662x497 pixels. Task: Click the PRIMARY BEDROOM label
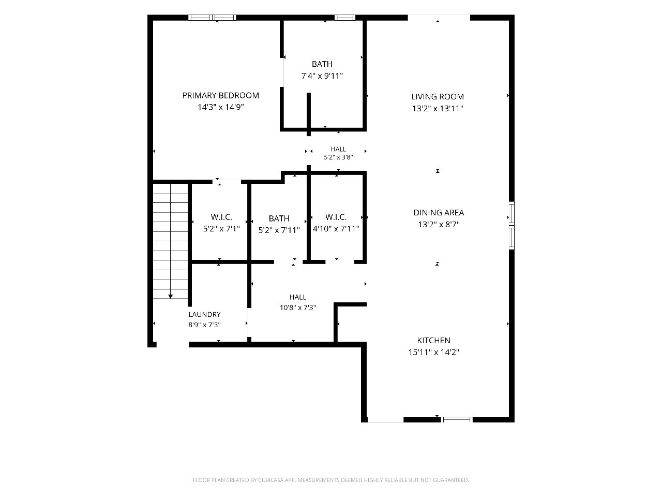click(220, 96)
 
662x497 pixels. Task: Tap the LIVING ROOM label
click(438, 97)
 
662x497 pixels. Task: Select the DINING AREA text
click(439, 213)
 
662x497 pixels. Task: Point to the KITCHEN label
click(433, 340)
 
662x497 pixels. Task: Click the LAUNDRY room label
click(204, 314)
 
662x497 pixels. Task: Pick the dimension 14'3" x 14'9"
click(220, 108)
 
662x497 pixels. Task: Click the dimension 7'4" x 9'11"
click(322, 76)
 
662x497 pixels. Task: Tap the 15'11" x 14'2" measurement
click(433, 353)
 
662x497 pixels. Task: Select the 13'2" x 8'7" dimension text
click(439, 225)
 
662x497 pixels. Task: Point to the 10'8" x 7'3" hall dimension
click(298, 308)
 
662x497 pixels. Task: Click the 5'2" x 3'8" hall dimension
click(338, 157)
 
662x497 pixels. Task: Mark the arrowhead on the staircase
click(170, 296)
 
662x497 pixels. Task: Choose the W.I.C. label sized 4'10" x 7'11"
click(336, 217)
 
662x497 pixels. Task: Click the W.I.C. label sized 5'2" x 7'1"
click(221, 217)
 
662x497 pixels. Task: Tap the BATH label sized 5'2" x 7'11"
click(279, 218)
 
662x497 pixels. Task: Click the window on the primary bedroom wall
click(212, 18)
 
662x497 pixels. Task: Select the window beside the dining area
click(511, 225)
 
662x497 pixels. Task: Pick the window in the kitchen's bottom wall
click(457, 419)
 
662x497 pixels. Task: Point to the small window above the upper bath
click(345, 18)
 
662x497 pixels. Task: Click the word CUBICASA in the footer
click(271, 480)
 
